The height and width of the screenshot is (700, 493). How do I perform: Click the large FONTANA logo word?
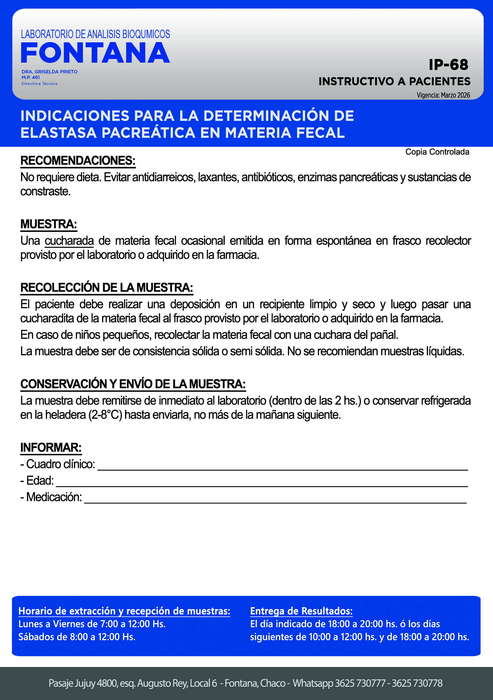[x=95, y=53]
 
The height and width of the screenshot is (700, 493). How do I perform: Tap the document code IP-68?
[x=448, y=65]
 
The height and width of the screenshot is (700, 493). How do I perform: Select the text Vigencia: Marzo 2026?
[x=443, y=95]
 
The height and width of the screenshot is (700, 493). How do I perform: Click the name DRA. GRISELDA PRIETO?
[x=49, y=72]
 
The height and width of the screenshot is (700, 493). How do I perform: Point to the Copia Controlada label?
[x=437, y=152]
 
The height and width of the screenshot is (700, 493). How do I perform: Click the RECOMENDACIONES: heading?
[x=78, y=161]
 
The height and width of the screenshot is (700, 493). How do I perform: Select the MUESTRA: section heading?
[x=49, y=224]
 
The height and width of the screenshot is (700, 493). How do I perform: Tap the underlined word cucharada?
[x=69, y=241]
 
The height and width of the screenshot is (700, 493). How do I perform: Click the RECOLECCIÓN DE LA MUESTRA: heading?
[x=107, y=288]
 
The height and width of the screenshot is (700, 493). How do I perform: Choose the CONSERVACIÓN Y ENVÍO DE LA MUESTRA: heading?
[x=133, y=384]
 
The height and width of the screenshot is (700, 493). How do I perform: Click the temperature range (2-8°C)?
[x=105, y=415]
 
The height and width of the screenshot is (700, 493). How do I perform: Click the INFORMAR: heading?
[x=51, y=448]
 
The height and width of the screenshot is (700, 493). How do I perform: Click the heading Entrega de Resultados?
[x=301, y=611]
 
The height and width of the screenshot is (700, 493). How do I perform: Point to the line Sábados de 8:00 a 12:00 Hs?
[x=77, y=636]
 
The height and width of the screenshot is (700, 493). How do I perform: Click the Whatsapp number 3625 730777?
[x=360, y=683]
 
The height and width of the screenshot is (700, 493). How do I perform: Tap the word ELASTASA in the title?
[x=58, y=133]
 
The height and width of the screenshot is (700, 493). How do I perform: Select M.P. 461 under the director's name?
[x=30, y=77]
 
